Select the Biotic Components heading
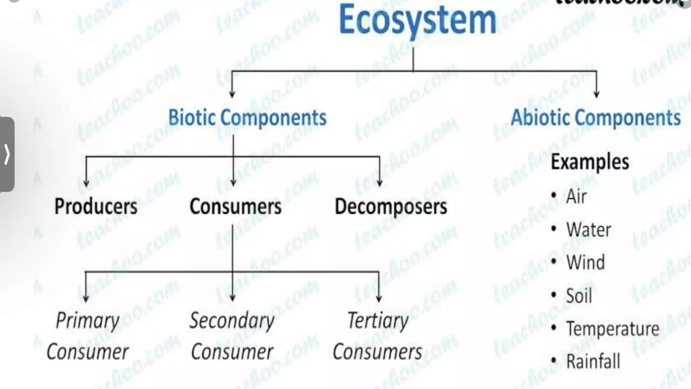(x=247, y=118)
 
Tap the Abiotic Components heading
(x=596, y=118)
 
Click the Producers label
(x=96, y=206)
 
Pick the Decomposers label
(x=391, y=206)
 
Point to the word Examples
(x=590, y=162)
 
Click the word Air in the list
(x=576, y=196)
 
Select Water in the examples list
(x=588, y=230)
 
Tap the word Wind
(x=585, y=262)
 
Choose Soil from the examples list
(x=579, y=296)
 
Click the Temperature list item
(x=612, y=329)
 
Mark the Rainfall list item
(x=593, y=361)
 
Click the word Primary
(x=88, y=320)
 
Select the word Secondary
(x=232, y=320)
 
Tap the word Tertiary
(x=378, y=320)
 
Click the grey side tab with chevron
(x=7, y=154)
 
